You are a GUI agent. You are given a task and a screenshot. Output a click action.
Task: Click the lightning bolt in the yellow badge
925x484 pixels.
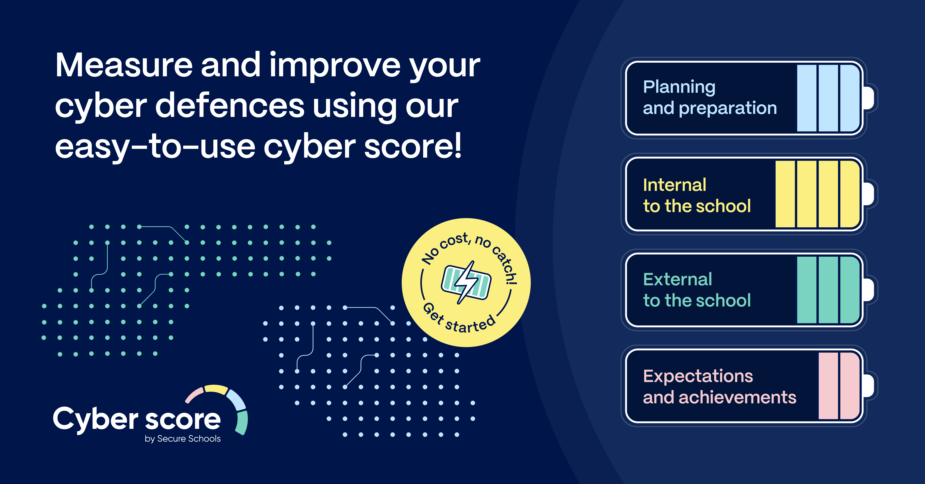point(466,282)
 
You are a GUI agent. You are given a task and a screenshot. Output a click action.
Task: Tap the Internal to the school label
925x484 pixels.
point(697,195)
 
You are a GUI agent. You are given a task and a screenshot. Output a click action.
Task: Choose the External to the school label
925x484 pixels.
point(697,290)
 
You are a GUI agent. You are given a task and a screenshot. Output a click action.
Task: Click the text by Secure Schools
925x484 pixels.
point(183,439)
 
